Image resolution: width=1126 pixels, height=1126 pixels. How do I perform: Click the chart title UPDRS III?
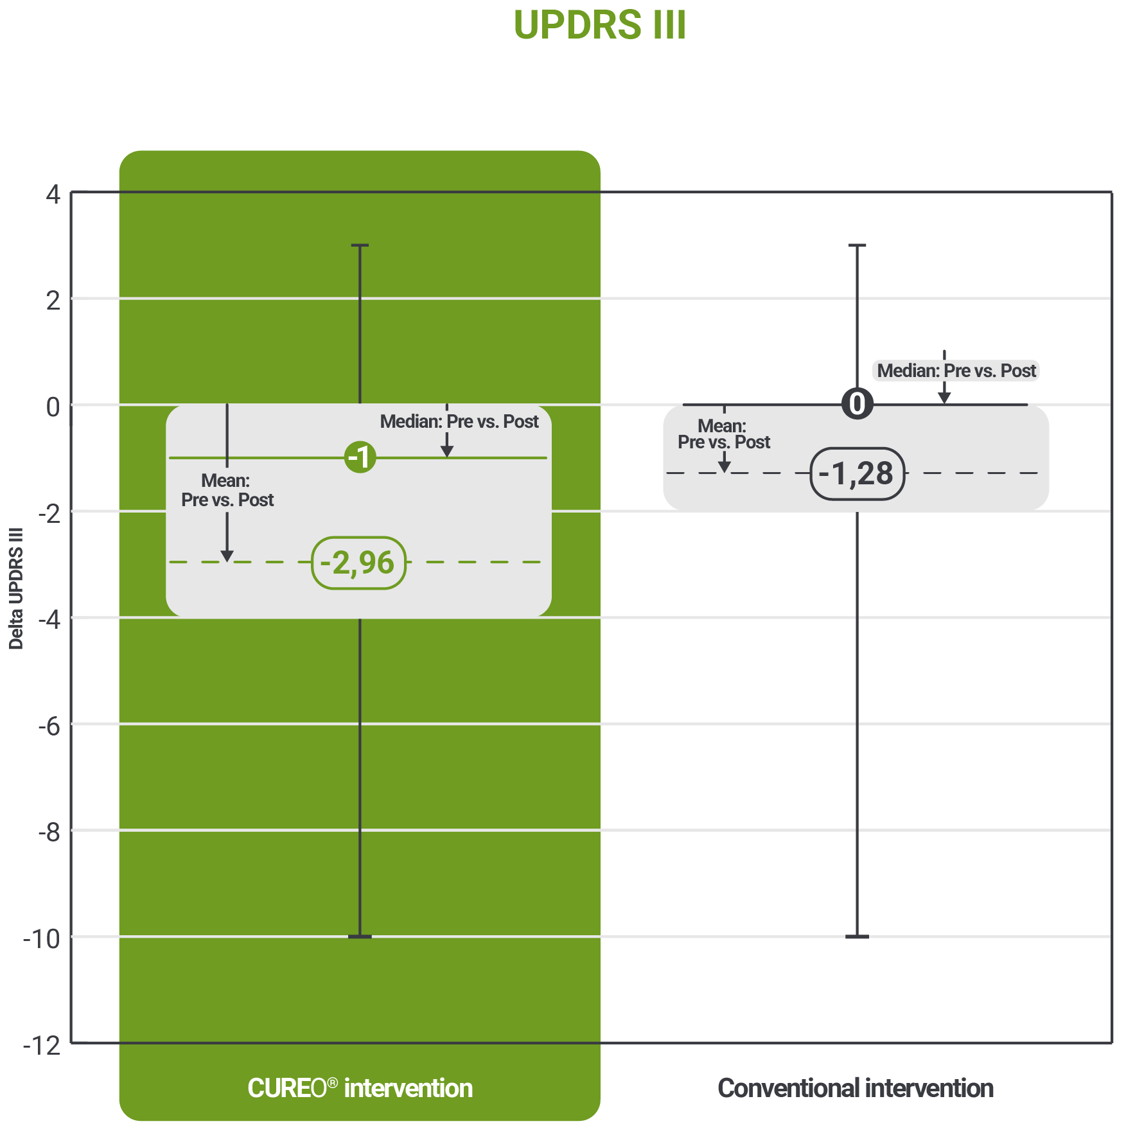tap(600, 25)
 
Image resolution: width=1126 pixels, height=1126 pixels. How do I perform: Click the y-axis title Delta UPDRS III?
tap(16, 588)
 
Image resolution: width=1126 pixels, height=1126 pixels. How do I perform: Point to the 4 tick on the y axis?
tap(53, 194)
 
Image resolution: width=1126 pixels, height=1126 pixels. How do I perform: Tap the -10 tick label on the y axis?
tap(42, 939)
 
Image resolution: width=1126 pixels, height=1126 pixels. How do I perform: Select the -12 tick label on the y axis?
tap(42, 1046)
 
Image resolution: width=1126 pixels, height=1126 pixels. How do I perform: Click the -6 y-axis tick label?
tap(49, 726)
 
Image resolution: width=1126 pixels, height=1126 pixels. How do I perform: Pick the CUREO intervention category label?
tap(360, 1088)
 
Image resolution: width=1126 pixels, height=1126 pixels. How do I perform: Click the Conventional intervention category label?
tap(856, 1088)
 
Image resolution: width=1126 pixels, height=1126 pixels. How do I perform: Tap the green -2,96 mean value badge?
tap(358, 563)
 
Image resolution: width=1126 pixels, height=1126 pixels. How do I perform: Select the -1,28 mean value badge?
tap(858, 474)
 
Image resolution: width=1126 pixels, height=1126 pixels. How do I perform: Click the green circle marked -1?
tap(360, 457)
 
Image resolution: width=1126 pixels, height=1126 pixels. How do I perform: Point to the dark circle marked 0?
tap(858, 404)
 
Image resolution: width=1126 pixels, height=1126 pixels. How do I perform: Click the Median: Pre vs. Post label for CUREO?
tap(459, 421)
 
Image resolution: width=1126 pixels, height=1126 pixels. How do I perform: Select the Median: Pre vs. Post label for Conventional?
tap(956, 371)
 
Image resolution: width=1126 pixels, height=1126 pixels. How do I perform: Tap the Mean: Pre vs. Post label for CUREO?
tap(227, 490)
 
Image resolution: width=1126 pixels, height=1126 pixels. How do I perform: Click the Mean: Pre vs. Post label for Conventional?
tap(724, 434)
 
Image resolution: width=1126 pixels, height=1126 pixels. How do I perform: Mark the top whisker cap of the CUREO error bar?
tap(360, 245)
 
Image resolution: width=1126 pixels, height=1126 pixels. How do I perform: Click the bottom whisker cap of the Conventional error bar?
tap(857, 937)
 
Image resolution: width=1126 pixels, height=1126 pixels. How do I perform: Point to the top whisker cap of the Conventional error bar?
tap(858, 245)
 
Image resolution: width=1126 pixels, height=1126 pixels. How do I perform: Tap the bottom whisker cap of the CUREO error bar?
tap(360, 937)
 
